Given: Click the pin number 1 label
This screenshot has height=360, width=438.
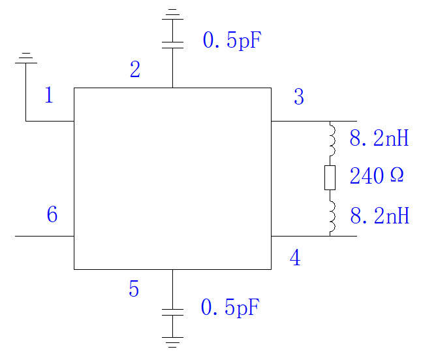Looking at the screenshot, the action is point(49,95).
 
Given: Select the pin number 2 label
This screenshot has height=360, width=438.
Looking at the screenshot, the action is point(135,69).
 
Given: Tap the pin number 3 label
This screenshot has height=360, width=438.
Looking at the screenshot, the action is point(299,97).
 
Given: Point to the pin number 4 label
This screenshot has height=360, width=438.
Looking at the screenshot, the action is point(295,257).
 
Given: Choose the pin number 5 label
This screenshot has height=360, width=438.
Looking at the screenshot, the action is point(134,288).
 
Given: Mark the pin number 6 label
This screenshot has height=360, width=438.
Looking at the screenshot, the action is point(52,214).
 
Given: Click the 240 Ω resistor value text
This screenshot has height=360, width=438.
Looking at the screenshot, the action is point(377,176).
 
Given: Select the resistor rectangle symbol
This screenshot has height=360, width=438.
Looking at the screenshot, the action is point(330,178).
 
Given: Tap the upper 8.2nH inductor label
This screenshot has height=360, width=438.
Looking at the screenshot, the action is point(379,138).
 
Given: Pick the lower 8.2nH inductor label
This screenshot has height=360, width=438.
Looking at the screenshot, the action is point(380,216).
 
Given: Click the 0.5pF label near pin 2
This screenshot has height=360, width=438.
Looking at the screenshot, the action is point(232,41).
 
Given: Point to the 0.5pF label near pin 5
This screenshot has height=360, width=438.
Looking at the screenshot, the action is point(230,307).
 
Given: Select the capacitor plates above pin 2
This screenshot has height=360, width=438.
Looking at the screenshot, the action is point(172,45).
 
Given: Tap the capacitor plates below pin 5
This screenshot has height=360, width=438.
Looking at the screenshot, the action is point(172,312).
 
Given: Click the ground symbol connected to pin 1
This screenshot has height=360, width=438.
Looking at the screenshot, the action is point(26,58).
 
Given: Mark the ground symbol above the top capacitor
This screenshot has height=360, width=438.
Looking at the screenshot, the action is point(172,14).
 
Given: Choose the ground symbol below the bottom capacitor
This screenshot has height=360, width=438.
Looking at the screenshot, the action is point(172,342).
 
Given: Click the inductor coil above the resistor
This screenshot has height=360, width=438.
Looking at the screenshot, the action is point(332,139).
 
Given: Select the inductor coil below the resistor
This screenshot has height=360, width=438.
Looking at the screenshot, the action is point(332,216).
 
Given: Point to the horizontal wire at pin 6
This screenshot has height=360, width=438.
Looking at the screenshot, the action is point(44,236).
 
